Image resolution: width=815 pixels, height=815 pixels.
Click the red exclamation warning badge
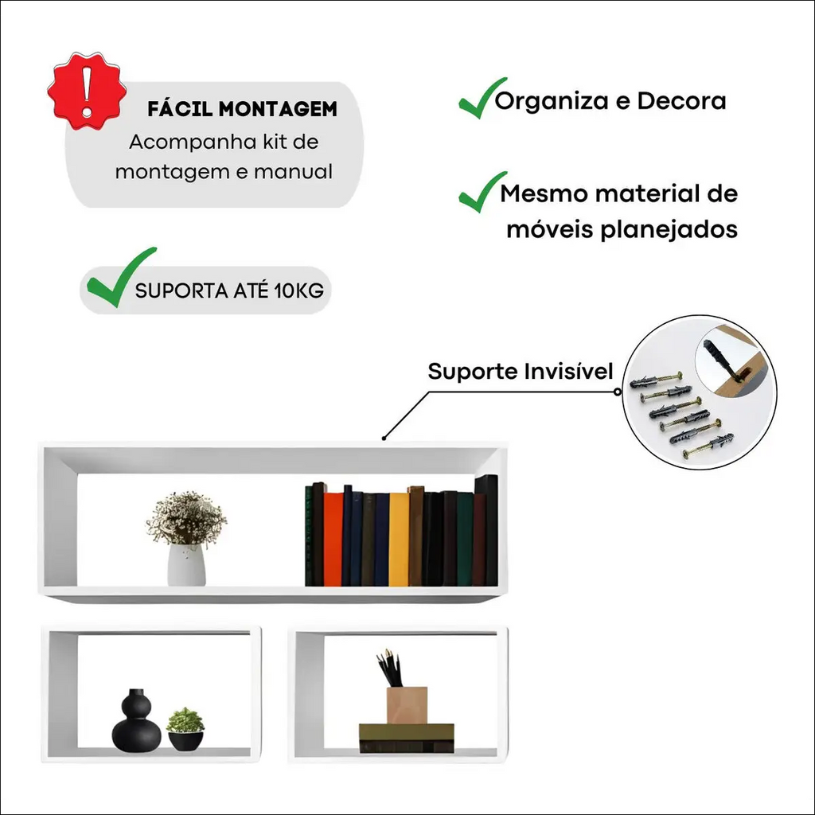click(x=87, y=91)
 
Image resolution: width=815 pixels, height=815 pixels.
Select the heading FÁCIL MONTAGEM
click(x=242, y=109)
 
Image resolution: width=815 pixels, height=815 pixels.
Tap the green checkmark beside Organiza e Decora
click(x=482, y=98)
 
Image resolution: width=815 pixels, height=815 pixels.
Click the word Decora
click(x=681, y=101)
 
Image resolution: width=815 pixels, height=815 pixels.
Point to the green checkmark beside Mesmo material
click(x=482, y=192)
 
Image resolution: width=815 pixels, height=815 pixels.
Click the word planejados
click(x=669, y=230)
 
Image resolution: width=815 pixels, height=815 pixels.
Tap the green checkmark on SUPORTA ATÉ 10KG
click(x=121, y=278)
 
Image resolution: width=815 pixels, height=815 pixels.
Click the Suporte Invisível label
click(x=521, y=371)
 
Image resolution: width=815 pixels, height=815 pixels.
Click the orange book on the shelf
click(x=333, y=539)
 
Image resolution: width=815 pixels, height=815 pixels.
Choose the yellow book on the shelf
click(x=399, y=539)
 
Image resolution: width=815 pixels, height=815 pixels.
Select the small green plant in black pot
click(x=185, y=729)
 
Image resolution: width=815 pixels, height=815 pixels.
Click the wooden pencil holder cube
click(x=407, y=705)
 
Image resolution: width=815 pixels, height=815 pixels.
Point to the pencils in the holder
click(x=389, y=668)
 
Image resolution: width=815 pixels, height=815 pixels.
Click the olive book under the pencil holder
click(x=407, y=738)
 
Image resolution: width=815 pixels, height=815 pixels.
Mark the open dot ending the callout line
click(x=617, y=392)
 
